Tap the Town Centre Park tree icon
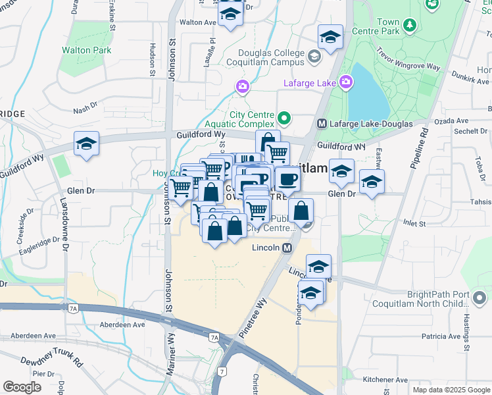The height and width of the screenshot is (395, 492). (x=410, y=25)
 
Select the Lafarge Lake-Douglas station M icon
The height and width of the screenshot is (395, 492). (x=322, y=123)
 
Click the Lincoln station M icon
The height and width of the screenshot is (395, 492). (x=287, y=248)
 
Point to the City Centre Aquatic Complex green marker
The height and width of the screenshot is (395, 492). (x=284, y=118)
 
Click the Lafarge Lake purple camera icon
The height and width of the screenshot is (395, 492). (x=345, y=83)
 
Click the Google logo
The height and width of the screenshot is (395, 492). (x=22, y=387)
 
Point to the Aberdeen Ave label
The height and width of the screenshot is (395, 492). (x=122, y=325)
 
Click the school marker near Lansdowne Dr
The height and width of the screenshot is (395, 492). (x=86, y=145)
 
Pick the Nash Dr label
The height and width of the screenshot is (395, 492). (x=86, y=111)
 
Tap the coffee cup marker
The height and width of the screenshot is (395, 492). (x=286, y=179)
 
